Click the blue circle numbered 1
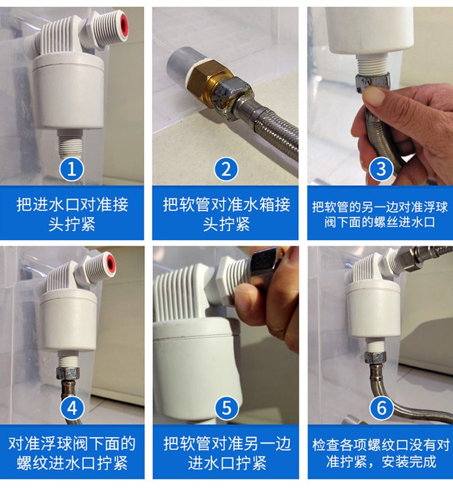coord(72,170)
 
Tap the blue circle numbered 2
coord(226,170)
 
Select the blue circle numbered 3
coord(381,170)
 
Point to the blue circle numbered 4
coord(72,408)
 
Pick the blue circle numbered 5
coord(227,408)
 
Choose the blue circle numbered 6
coord(382,408)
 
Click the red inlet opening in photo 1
coord(124,24)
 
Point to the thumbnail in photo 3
coord(374,96)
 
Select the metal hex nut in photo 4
coord(68,373)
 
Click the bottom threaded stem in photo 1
coord(70,144)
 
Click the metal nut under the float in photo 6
coord(375,357)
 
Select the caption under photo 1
coord(72,214)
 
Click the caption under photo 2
coord(226,214)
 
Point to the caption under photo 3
coord(380,214)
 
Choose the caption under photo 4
coord(72,453)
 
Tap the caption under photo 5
coord(227,453)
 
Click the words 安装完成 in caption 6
coord(409,461)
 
